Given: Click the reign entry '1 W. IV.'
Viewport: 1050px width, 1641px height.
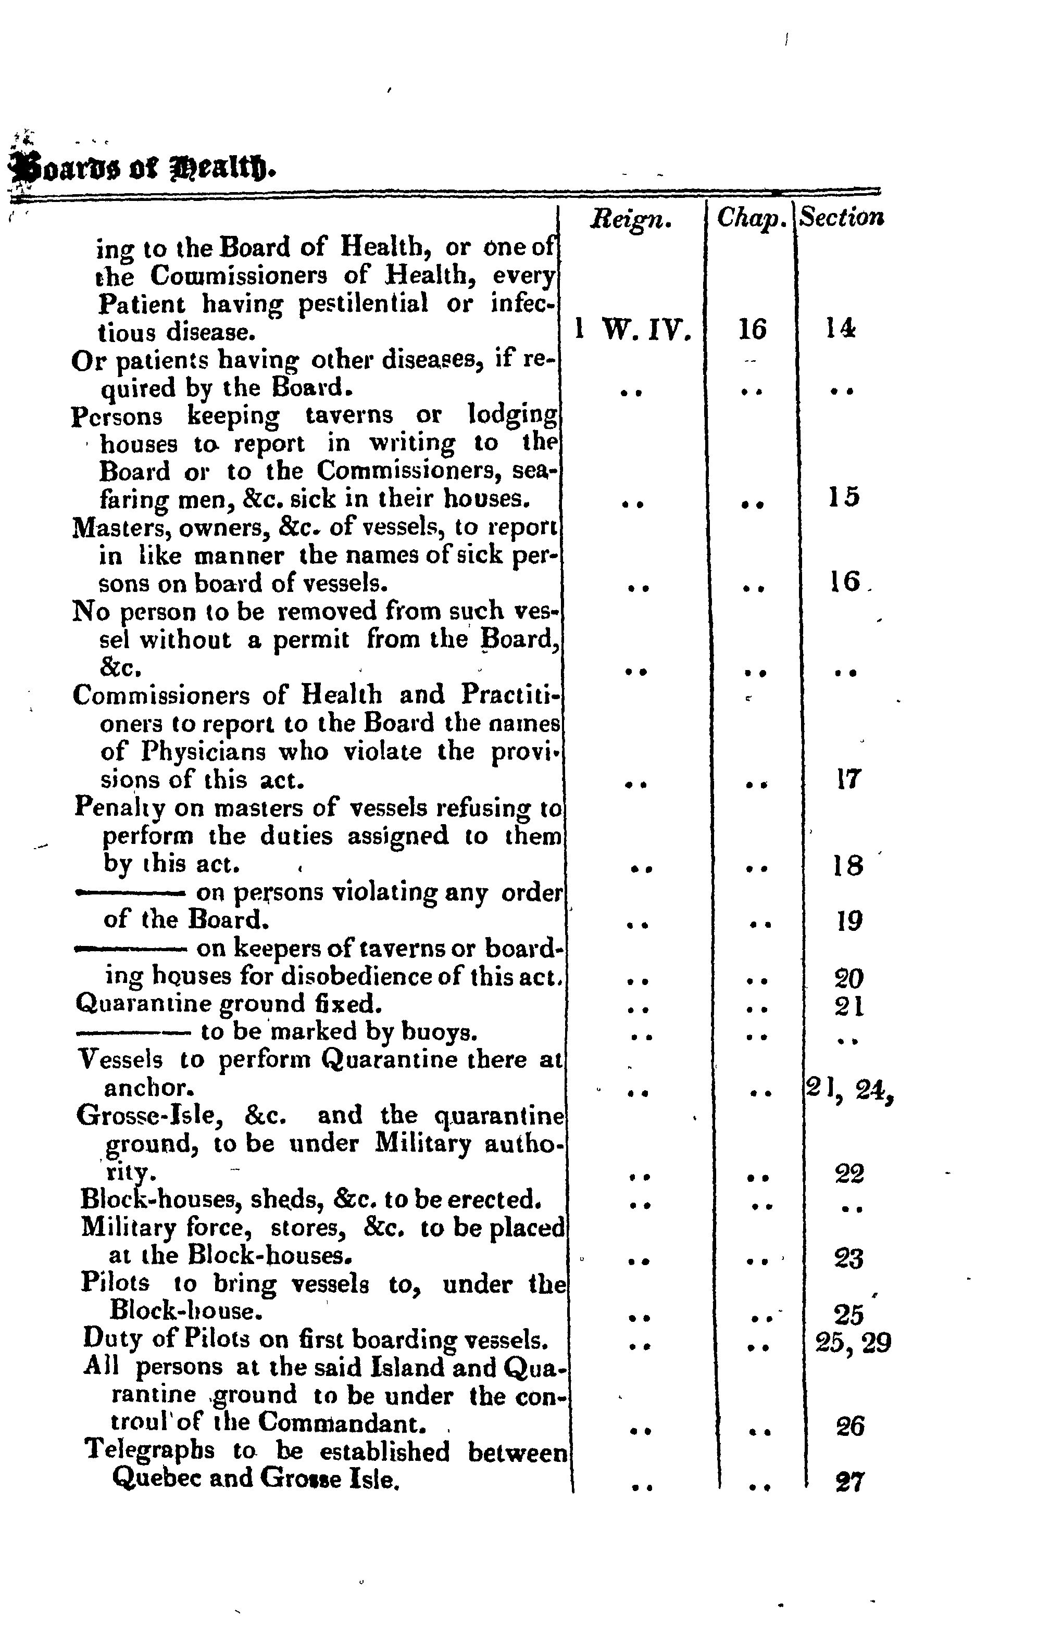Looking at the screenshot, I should coord(633,331).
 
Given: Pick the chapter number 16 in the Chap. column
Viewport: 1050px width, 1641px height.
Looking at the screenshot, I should coord(753,331).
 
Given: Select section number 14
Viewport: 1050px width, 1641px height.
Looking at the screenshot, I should coord(840,329).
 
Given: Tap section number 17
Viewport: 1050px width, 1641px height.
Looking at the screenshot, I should coord(849,779).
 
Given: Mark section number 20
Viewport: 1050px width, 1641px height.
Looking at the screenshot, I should coord(849,979).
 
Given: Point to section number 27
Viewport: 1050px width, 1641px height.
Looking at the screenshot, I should coord(849,1483).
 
